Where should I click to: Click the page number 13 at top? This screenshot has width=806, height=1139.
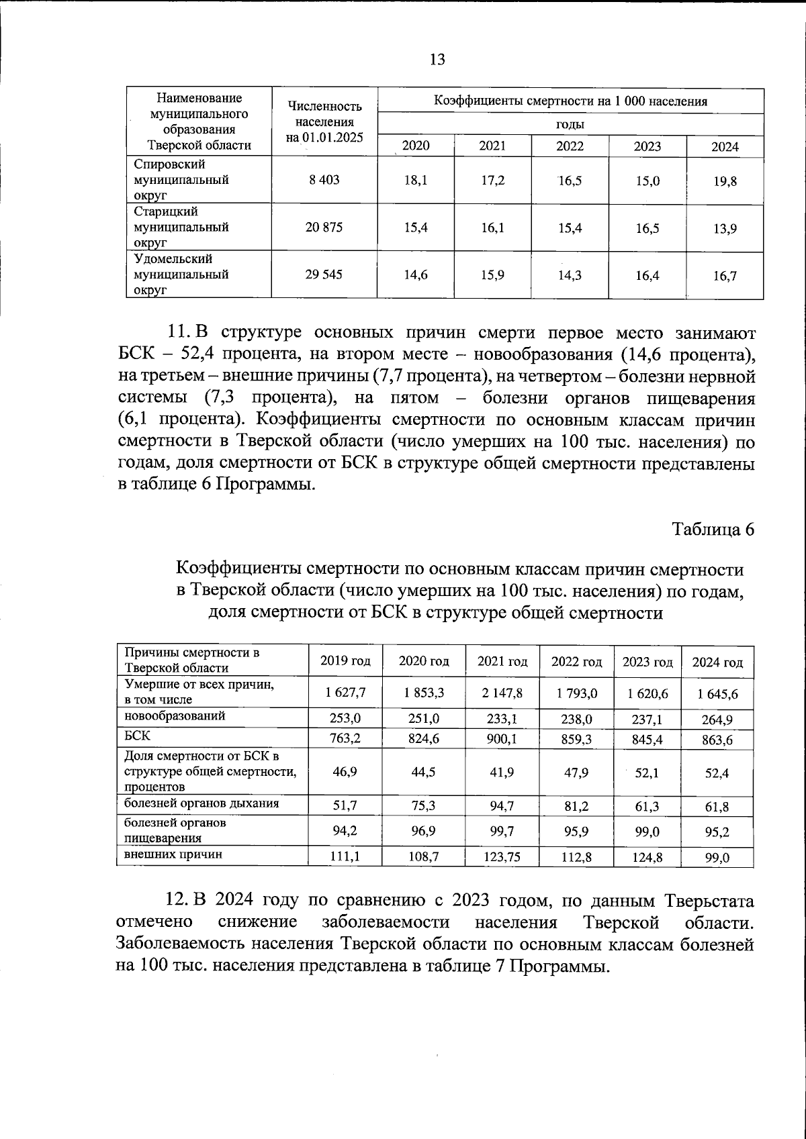tap(437, 60)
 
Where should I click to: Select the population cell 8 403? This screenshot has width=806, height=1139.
tap(324, 180)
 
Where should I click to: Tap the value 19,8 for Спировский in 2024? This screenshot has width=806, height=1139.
tap(725, 181)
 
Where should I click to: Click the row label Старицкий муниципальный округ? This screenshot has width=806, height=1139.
tap(181, 227)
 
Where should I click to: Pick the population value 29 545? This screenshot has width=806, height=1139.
tap(324, 275)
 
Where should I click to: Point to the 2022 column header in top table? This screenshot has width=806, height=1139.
tap(570, 146)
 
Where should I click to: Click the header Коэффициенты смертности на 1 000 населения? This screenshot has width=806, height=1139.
tap(570, 101)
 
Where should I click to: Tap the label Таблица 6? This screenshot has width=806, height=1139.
tap(713, 529)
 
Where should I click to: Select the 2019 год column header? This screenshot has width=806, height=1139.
tap(345, 661)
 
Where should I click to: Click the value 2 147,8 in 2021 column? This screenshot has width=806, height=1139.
tap(502, 693)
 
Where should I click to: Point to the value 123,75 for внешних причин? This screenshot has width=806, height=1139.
tap(502, 856)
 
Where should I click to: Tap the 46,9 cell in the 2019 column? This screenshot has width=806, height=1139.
tap(345, 771)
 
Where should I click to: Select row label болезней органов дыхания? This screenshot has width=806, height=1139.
tap(201, 803)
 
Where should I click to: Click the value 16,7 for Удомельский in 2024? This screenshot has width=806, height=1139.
tap(725, 276)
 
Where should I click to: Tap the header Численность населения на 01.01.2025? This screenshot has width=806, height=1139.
tap(324, 121)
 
